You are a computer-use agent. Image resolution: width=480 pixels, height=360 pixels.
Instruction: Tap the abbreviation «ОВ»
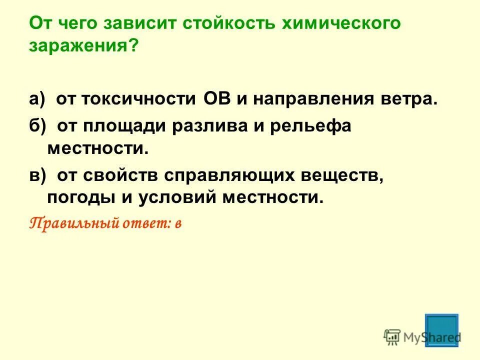coord(217,98)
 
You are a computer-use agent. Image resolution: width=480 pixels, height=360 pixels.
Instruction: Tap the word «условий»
coord(172,198)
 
